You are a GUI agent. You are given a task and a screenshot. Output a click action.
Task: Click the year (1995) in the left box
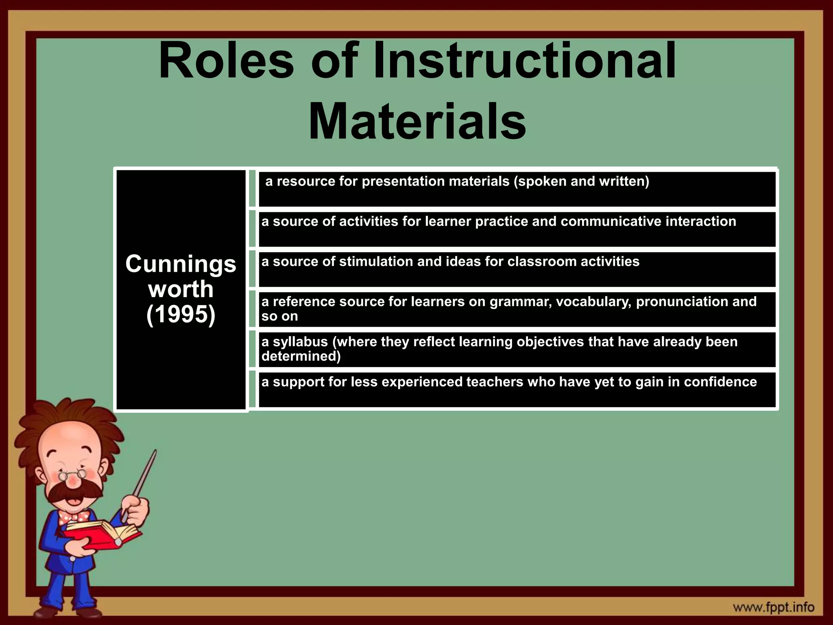coord(181,315)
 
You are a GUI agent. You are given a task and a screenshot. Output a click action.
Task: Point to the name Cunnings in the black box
coord(181,264)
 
